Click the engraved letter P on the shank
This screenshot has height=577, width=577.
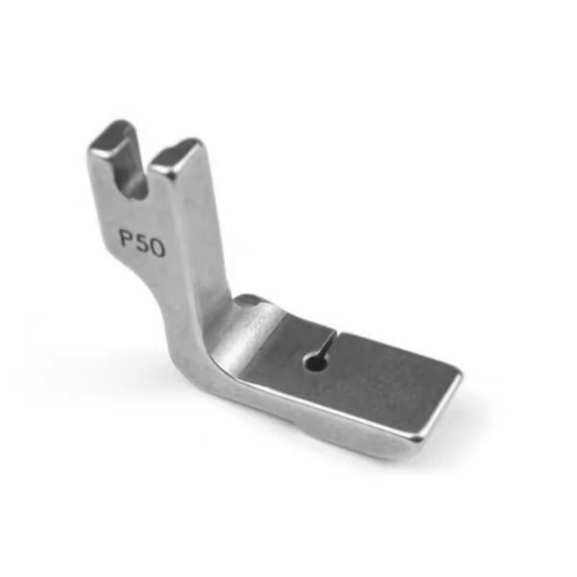(x=127, y=238)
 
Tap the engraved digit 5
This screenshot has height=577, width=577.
(x=142, y=243)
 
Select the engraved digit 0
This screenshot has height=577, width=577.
(x=157, y=249)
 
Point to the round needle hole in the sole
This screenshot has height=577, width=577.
(x=314, y=362)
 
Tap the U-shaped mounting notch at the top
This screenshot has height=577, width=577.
(x=139, y=168)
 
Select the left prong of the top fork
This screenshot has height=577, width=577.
(x=108, y=163)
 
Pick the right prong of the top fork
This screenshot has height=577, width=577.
(x=178, y=178)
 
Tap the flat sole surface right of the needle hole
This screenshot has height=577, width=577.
(x=375, y=375)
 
